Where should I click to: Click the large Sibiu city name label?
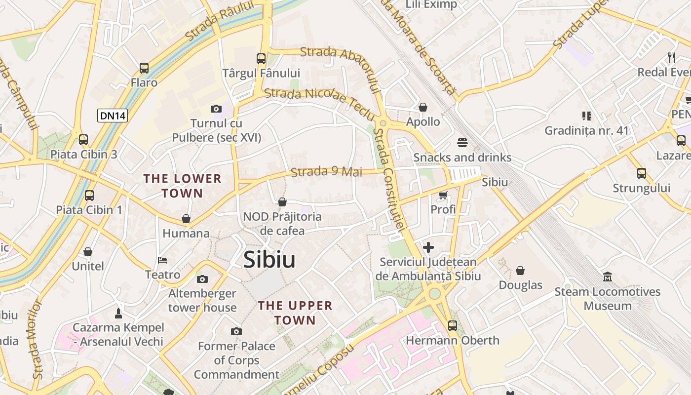point(269,260)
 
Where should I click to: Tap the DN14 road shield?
point(113,116)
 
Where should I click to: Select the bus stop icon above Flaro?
point(144,68)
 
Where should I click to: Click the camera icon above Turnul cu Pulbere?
point(216,109)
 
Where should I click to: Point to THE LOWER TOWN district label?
point(182,186)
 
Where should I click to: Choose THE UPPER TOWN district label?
point(295,313)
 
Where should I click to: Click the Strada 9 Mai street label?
point(327,172)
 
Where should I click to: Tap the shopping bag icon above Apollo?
point(423,107)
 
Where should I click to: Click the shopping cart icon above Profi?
point(443,195)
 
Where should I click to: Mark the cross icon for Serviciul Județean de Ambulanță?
point(428,247)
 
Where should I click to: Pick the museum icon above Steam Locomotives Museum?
point(608,277)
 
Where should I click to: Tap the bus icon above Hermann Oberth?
point(452,326)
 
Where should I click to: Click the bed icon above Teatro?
point(162,260)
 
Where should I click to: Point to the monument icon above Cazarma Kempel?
point(118,313)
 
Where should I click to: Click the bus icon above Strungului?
point(641,173)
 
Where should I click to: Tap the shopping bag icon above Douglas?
point(520,271)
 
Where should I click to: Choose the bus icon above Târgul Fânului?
point(261,59)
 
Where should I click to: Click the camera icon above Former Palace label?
point(236,331)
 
